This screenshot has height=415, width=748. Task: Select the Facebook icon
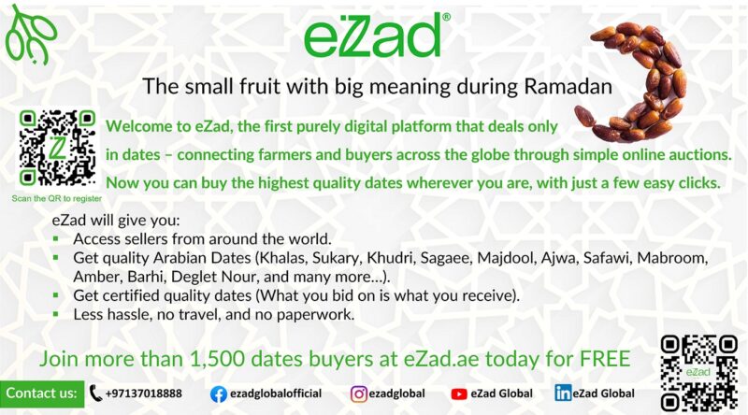tap(219, 394)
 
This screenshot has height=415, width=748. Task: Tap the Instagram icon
tap(358, 394)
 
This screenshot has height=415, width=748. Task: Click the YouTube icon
tap(459, 394)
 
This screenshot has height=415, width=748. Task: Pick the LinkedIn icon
tap(563, 394)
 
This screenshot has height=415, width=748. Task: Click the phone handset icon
tap(96, 394)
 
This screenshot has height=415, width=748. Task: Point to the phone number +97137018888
tap(144, 394)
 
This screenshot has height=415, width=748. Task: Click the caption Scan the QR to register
tap(56, 198)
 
